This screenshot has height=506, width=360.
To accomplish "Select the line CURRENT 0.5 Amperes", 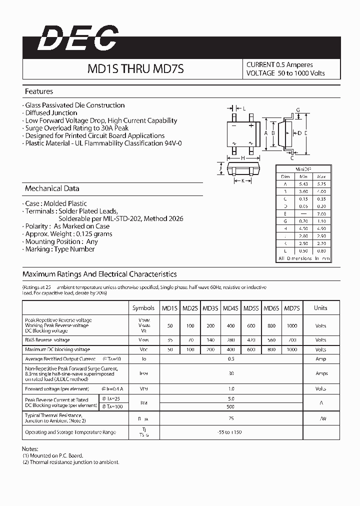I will click(279, 64).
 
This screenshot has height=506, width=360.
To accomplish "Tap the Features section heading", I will click(39, 91).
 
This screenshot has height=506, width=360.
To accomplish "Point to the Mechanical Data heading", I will click(52, 188).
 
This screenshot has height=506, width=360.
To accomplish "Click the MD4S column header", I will click(230, 308).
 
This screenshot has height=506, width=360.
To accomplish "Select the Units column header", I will click(320, 308).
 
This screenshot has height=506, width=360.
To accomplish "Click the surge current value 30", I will click(231, 373).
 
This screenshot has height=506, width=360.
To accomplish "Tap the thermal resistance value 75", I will click(231, 418).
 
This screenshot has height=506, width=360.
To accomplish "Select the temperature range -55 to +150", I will click(231, 432).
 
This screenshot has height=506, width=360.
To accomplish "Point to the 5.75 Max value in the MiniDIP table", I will click(321, 184).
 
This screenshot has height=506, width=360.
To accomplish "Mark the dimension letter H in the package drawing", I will click(243, 157).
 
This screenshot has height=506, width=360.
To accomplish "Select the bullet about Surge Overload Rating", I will click(76, 128).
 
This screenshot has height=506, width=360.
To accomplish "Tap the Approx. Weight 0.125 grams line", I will click(68, 234).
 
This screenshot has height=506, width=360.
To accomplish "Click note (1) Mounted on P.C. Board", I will click(52, 455).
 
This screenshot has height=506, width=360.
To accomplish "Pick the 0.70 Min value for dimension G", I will click(303, 221).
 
